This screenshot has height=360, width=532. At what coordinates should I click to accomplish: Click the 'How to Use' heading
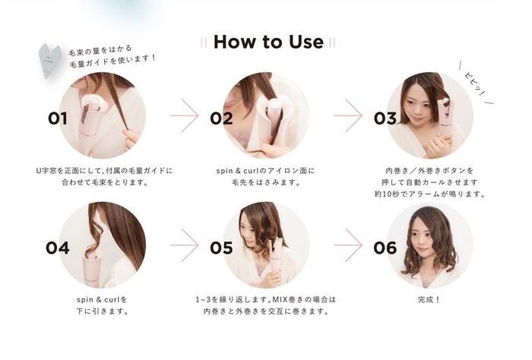(268, 42)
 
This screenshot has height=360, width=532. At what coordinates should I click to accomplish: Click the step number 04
(58, 248)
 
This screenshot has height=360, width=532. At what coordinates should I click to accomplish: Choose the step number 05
(221, 248)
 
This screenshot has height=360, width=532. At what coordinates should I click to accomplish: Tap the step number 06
(385, 248)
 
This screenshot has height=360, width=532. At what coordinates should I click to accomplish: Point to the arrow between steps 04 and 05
(184, 246)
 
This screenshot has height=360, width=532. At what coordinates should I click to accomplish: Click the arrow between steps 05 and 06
(348, 246)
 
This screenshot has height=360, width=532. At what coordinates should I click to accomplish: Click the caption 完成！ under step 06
(429, 299)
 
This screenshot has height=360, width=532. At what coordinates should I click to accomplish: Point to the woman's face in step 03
(422, 106)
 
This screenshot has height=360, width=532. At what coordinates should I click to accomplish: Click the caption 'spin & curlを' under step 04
(102, 299)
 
